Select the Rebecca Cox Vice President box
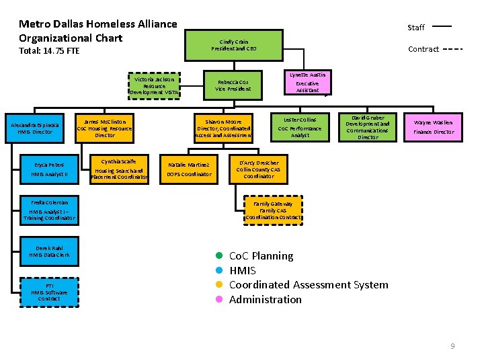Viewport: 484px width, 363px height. point(233,85)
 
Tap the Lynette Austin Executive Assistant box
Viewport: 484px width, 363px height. point(307,83)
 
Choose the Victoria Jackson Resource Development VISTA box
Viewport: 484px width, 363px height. point(154,85)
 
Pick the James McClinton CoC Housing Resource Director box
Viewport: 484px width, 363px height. point(105,128)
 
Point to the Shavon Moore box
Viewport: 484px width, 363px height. point(223,128)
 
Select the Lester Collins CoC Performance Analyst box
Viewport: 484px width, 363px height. point(300,127)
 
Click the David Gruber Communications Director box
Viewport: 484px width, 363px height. point(368,127)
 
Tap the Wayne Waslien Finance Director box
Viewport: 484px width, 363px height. point(434,127)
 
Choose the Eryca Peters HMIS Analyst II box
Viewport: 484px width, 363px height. point(49,169)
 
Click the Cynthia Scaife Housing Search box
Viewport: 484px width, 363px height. point(118,169)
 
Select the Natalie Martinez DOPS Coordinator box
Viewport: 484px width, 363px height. point(189,169)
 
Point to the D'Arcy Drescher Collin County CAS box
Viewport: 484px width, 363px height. point(259,169)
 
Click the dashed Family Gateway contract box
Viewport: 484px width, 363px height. point(273,210)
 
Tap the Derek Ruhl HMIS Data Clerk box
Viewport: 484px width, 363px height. point(49,252)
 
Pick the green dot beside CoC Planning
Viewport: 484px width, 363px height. point(219,256)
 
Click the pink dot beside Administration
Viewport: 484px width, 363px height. point(219,300)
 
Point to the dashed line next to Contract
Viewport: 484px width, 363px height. point(452,49)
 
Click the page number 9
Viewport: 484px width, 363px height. point(452,346)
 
